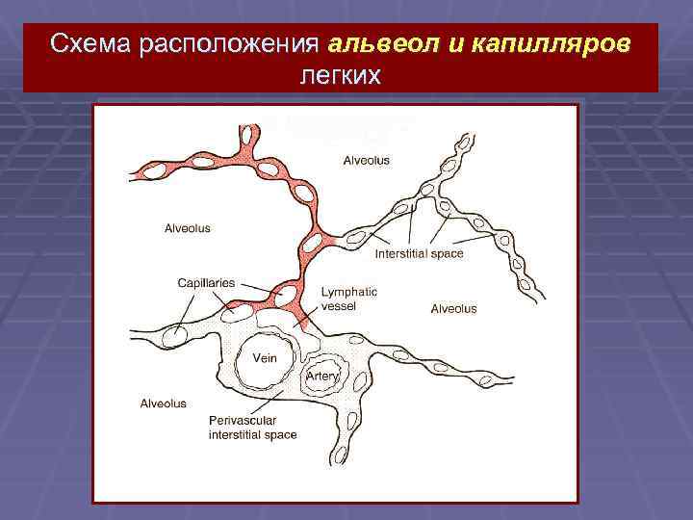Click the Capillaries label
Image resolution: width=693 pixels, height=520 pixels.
coord(206,283)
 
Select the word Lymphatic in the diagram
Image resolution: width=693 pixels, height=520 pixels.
coord(348,292)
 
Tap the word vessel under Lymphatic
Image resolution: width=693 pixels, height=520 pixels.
coord(338,306)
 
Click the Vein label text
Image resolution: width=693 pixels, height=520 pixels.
coord(265,358)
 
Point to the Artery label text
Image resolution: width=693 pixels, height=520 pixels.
coord(322,377)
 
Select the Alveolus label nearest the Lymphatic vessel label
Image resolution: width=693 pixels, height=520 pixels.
coord(452,309)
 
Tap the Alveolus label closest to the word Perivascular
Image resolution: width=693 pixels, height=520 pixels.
coord(163,403)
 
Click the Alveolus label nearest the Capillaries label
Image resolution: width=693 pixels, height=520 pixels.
coord(187,229)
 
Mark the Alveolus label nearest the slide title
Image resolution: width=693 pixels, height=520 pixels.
coord(367,160)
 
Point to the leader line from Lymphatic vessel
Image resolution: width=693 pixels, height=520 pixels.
coord(307,310)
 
